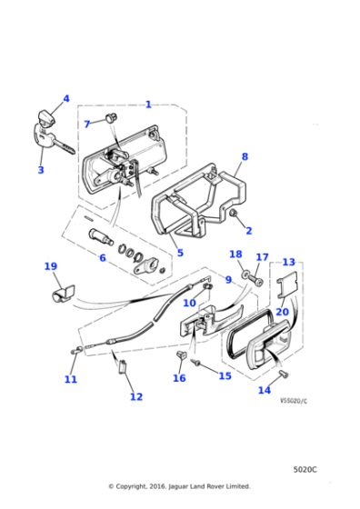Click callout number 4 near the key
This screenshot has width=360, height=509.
65,99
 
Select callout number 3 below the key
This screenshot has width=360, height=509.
40,170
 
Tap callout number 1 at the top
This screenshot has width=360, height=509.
148,105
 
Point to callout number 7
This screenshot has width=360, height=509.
87,124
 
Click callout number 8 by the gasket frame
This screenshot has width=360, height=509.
244,156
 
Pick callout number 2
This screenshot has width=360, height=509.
249,231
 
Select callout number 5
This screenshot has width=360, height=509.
180,253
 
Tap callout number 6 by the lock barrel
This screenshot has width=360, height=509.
102,258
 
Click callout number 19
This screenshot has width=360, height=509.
50,266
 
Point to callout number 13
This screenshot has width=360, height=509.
288,262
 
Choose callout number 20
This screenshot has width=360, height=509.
283,312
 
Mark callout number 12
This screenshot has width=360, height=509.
135,396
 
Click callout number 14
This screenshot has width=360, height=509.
265,390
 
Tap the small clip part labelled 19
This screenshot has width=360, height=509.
62,292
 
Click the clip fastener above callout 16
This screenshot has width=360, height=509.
180,353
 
